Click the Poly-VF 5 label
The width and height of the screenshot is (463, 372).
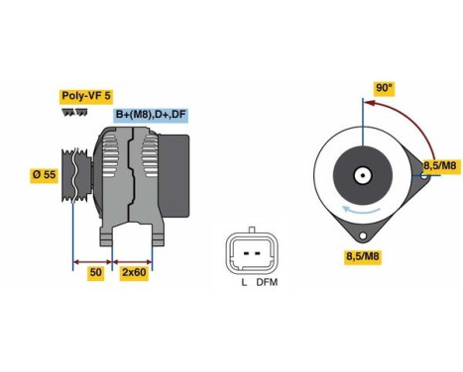pos(86,96)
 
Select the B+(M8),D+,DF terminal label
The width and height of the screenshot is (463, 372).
pos(151,115)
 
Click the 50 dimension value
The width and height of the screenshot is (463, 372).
pos(95,271)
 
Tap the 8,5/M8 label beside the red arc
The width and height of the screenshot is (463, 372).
pos(440,164)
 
